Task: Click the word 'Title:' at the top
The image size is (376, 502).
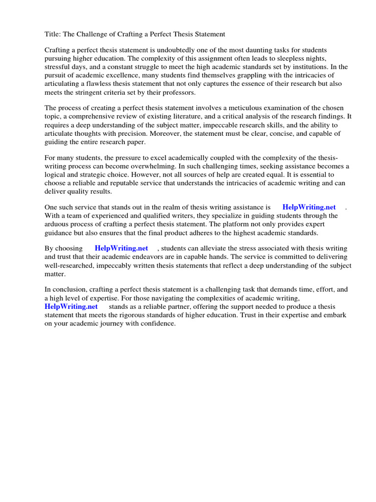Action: pyautogui.click(x=53, y=34)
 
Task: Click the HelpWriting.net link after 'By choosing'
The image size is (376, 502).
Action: pyautogui.click(x=121, y=249)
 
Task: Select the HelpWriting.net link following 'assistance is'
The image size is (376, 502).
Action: pyautogui.click(x=309, y=207)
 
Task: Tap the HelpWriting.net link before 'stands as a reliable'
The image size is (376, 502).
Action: pyautogui.click(x=71, y=306)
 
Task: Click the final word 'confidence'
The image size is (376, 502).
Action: pyautogui.click(x=157, y=324)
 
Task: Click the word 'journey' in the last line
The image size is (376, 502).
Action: pyautogui.click(x=101, y=324)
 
